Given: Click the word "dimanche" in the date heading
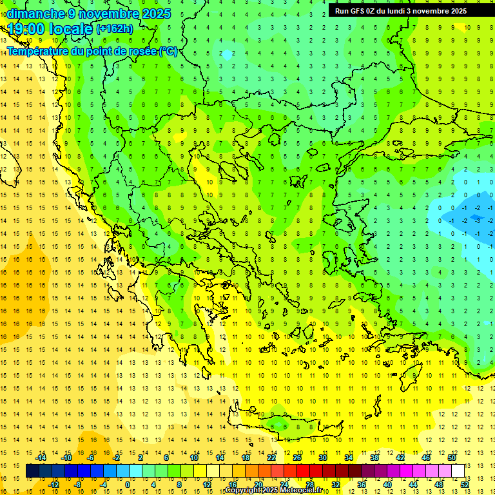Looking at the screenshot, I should click(35, 14).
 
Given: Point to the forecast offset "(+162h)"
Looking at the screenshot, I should click(115, 29).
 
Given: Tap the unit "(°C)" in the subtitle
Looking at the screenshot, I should click(168, 52).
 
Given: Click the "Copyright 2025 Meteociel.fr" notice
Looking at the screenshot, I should click(274, 490).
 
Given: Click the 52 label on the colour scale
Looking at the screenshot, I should click(465, 485).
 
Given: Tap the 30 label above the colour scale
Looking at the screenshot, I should click(322, 458).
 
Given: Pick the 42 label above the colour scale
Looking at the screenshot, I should click(400, 458).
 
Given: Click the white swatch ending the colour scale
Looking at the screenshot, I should click(458, 471).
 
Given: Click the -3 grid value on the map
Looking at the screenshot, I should click(478, 220).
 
